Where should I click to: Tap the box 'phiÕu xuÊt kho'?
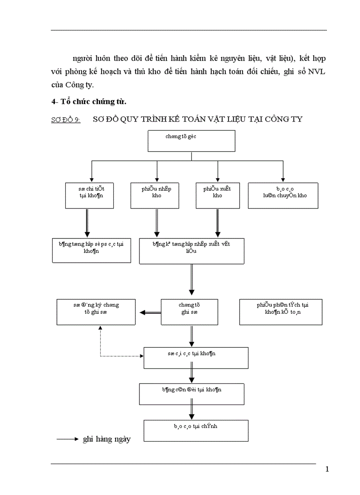pyautogui.click(x=217, y=195)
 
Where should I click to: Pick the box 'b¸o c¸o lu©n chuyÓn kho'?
pyautogui.click(x=283, y=195)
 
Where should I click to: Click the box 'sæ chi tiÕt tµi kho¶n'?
pyautogui.click(x=90, y=195)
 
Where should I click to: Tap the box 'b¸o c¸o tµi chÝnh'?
pyautogui.click(x=195, y=430)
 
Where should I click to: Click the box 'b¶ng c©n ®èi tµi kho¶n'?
pyautogui.click(x=191, y=394)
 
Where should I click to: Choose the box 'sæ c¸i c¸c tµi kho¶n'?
pyautogui.click(x=195, y=357)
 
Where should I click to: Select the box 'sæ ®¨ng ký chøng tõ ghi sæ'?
pyautogui.click(x=96, y=312)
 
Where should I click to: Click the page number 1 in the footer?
pyautogui.click(x=327, y=469)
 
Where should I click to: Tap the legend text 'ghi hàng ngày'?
pyautogui.click(x=107, y=439)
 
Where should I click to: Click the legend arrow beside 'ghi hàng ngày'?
pyautogui.click(x=67, y=439)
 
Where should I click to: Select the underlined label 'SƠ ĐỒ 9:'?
pyautogui.click(x=66, y=120)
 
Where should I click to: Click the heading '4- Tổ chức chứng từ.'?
pyautogui.click(x=89, y=102)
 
